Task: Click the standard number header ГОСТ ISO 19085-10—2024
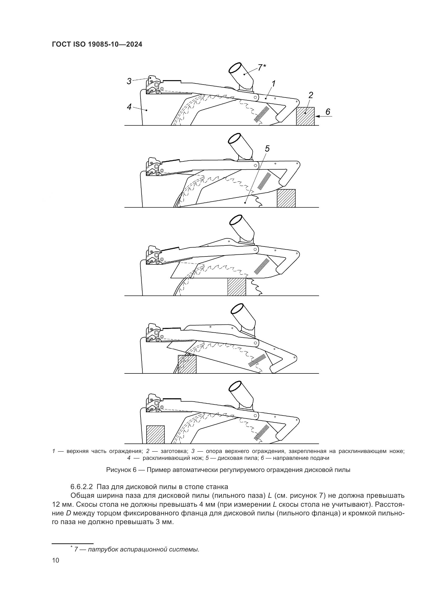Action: click(97, 45)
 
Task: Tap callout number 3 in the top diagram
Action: click(129, 81)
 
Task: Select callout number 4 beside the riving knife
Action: click(129, 107)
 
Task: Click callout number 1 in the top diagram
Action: click(273, 84)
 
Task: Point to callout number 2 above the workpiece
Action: click(311, 95)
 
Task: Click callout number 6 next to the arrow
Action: click(328, 112)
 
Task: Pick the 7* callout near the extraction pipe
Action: click(261, 67)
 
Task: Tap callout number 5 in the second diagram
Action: click(267, 148)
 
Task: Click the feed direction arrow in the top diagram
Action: click(324, 116)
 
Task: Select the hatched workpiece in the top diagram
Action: click(305, 116)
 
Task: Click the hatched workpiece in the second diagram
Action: click(286, 198)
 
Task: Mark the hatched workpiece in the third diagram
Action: click(236, 287)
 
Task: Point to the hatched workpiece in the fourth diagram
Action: click(187, 364)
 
